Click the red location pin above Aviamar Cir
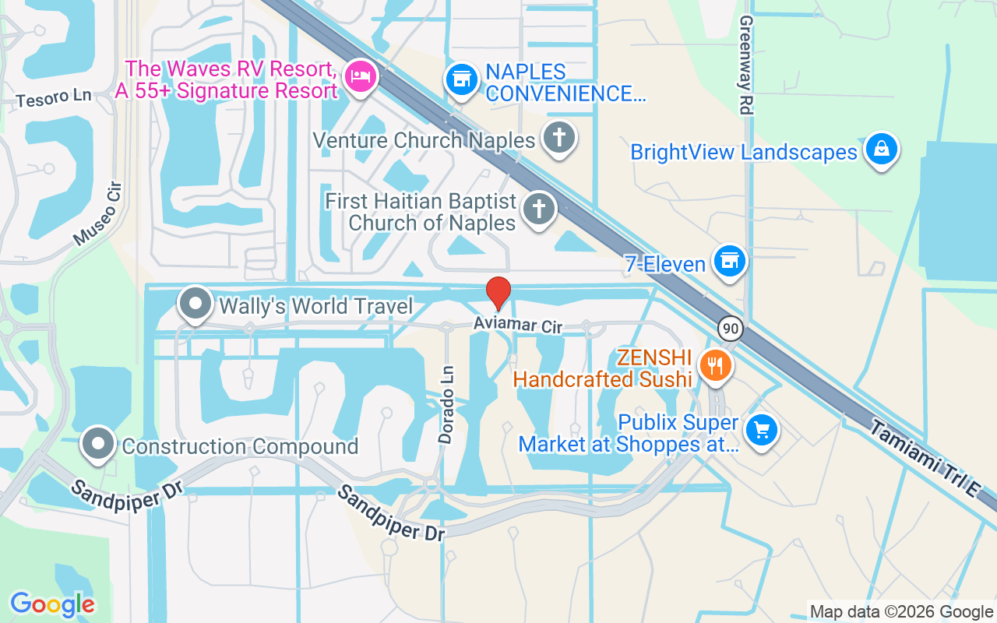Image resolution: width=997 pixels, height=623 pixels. click(x=498, y=293)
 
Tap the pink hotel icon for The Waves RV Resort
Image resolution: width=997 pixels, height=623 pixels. click(x=360, y=76)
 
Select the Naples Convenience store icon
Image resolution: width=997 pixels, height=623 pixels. click(x=462, y=79)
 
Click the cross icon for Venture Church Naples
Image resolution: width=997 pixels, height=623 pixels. click(x=558, y=138)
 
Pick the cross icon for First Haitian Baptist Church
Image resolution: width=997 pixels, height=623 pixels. click(x=537, y=209)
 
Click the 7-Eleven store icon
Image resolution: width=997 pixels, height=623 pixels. click(x=730, y=261)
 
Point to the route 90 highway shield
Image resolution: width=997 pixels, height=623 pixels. click(x=730, y=328)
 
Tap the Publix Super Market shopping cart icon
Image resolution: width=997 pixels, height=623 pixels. click(x=761, y=429)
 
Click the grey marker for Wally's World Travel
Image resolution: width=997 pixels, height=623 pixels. click(x=195, y=304)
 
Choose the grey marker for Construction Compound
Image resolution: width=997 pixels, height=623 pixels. click(x=98, y=444)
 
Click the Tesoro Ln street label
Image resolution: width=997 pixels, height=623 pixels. click(x=53, y=98)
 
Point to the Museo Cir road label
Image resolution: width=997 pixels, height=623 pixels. click(x=99, y=215)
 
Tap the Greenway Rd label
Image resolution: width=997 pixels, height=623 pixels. click(x=745, y=65)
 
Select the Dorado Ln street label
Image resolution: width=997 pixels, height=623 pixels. click(x=446, y=405)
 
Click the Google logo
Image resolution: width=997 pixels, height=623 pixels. click(x=52, y=604)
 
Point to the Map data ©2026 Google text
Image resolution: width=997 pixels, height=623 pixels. click(x=901, y=612)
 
